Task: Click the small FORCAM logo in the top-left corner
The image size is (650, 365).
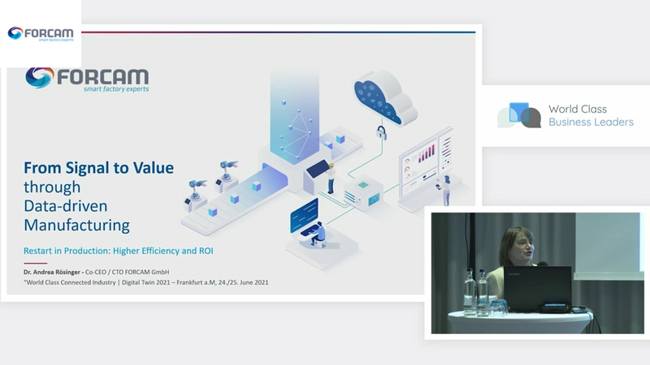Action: pos(41,33)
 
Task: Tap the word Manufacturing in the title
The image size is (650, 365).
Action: pos(76,225)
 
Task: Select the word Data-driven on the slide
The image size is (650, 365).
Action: pos(66,206)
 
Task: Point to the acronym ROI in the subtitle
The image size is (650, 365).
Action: pos(206,251)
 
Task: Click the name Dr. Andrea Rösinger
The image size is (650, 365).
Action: pos(52,272)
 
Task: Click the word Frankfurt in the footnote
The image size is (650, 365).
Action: pos(191,282)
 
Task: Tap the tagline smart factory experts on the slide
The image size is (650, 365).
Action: pos(116,89)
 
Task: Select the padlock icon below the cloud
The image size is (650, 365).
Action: pos(381,132)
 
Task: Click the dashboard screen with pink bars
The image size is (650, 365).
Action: pos(426,165)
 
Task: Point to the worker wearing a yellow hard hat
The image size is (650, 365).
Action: pos(331,178)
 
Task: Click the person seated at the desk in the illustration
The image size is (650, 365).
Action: pos(318,234)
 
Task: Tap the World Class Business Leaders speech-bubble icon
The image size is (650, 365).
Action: pos(519,115)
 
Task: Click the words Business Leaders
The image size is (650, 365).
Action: pos(591,122)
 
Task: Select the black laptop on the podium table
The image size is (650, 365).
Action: pos(538,289)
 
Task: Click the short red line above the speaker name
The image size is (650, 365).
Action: pos(35,263)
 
